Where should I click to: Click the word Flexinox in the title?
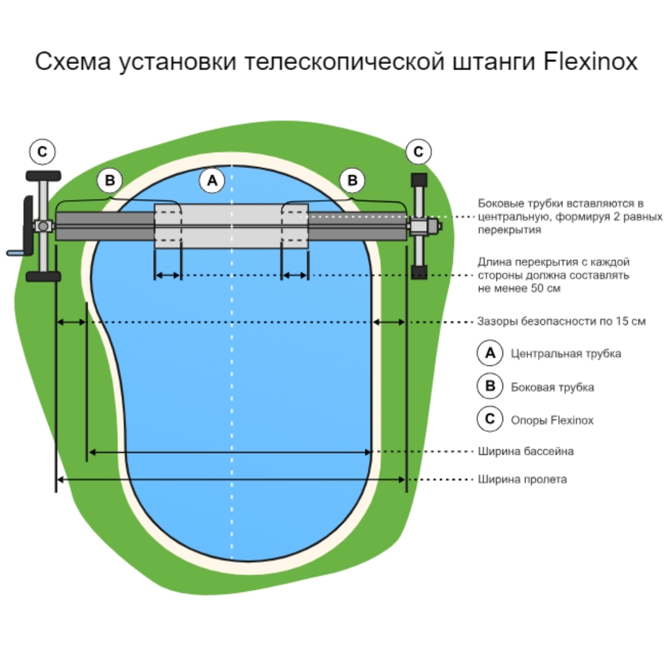coord(590,62)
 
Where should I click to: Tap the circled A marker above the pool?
coord(212,181)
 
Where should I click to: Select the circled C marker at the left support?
coord(42,151)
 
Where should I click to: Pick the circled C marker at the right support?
coord(418,151)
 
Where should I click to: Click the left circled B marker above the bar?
coord(110,181)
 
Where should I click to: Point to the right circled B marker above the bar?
coord(352,181)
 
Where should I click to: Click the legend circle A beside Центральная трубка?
coord(489,353)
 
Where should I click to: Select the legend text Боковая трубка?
coord(552,387)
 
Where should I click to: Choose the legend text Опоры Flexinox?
coord(552,420)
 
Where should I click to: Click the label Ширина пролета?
coord(522,480)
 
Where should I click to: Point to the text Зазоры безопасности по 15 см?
coord(561,321)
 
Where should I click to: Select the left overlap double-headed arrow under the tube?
coord(167,275)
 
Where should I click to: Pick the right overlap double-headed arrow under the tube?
coord(295,275)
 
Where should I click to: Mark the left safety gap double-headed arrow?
coord(71,322)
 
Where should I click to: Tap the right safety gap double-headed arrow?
coord(389,322)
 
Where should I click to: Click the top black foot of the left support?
coord(43,176)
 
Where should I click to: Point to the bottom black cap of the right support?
coord(419,272)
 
